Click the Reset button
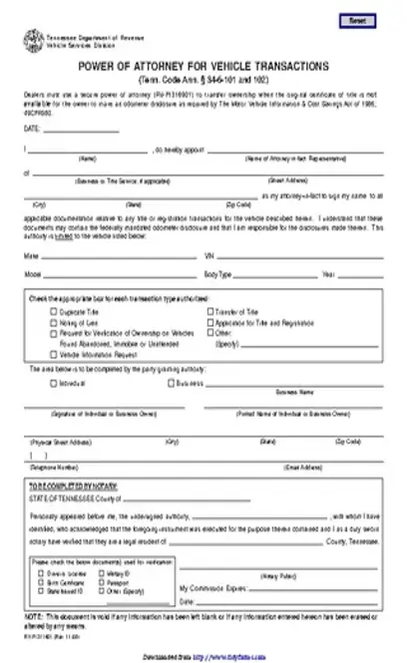tap(358, 21)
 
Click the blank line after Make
tap(120, 256)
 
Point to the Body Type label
tap(218, 273)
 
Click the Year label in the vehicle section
tap(327, 273)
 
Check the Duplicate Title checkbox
tap(53, 309)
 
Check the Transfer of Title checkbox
tap(208, 309)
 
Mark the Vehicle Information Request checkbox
tap(53, 353)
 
